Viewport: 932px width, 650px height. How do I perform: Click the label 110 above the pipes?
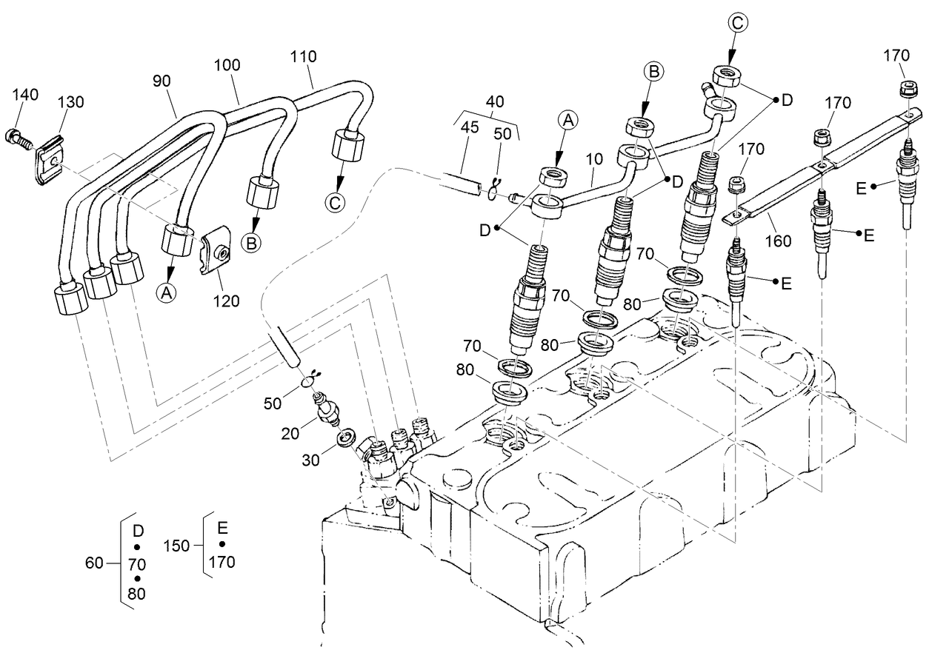[304, 56]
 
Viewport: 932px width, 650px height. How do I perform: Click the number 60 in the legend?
[94, 563]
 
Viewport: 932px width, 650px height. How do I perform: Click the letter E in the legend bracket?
[222, 529]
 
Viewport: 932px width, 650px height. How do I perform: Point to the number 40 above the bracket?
[496, 101]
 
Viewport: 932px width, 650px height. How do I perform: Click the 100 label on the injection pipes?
[227, 64]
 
